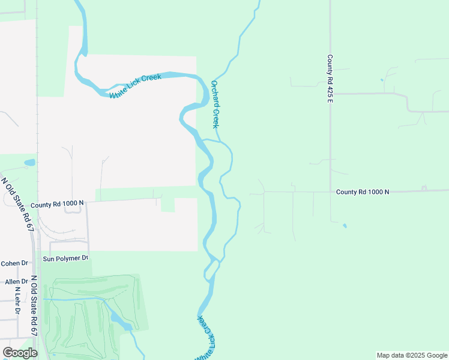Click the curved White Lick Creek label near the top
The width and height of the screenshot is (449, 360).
(136, 86)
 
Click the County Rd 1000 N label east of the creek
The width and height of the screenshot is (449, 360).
(363, 192)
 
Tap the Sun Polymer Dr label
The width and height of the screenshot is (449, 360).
(65, 259)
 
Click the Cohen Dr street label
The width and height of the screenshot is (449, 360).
(14, 263)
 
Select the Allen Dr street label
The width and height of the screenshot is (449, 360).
(16, 281)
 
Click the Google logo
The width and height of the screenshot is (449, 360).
(20, 353)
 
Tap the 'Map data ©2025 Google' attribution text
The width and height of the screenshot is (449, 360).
(411, 355)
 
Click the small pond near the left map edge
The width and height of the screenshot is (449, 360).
(29, 163)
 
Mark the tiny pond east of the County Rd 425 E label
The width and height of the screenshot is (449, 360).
(381, 80)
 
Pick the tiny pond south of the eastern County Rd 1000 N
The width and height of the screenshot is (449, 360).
(345, 226)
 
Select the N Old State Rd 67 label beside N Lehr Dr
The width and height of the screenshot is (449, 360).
(34, 306)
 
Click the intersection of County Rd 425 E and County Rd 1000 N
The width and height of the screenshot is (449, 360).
(330, 192)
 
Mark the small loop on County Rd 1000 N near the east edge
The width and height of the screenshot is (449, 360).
(424, 188)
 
